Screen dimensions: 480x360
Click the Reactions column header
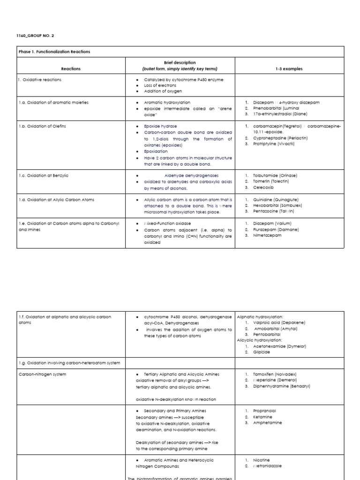70,68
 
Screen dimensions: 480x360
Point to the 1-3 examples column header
289,68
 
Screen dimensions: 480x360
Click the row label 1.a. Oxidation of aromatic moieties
53,102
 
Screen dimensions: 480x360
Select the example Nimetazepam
266,235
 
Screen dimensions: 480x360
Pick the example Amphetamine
267,422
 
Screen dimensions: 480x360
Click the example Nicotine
261,460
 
